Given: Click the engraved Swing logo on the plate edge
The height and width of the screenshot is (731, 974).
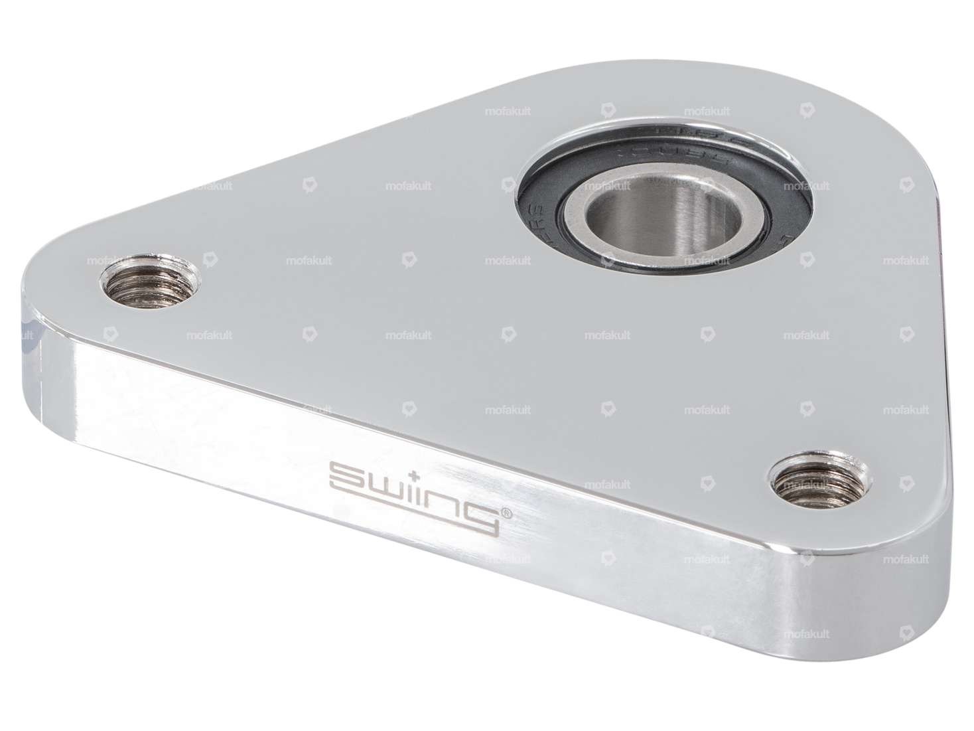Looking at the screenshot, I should coord(415,495).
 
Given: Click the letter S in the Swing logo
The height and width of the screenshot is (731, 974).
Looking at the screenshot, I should coord(346,477).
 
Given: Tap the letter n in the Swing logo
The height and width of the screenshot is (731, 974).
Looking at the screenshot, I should coord(444,501).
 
